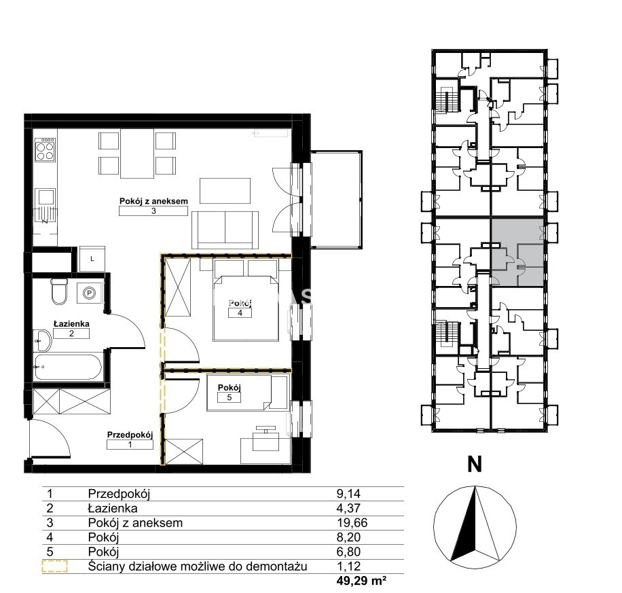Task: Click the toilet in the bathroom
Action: [60, 291]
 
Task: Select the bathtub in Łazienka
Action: [68, 367]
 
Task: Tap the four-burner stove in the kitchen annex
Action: [45, 149]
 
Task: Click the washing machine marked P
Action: [90, 293]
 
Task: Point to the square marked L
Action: [92, 259]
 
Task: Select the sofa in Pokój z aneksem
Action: [225, 230]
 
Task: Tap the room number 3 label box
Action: [153, 211]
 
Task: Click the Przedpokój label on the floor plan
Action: [130, 435]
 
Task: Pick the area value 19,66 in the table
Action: [352, 523]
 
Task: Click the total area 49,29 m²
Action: [361, 581]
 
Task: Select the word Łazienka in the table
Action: [113, 508]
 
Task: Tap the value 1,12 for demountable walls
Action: [348, 566]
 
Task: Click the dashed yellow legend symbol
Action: [55, 567]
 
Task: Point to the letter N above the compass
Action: [475, 464]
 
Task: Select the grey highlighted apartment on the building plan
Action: [517, 252]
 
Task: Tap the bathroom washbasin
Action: [43, 340]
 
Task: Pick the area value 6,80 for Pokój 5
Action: [348, 552]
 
